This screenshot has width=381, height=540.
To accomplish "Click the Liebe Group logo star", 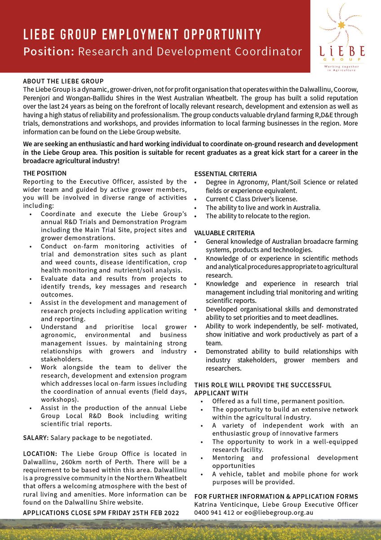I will point(342,25).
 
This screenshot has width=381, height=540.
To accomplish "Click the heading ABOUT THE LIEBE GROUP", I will point(63,81).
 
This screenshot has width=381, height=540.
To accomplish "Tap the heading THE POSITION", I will point(45,173).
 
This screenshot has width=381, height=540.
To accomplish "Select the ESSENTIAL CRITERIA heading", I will point(226,174).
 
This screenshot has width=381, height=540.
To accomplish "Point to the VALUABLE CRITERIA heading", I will point(224,233).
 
